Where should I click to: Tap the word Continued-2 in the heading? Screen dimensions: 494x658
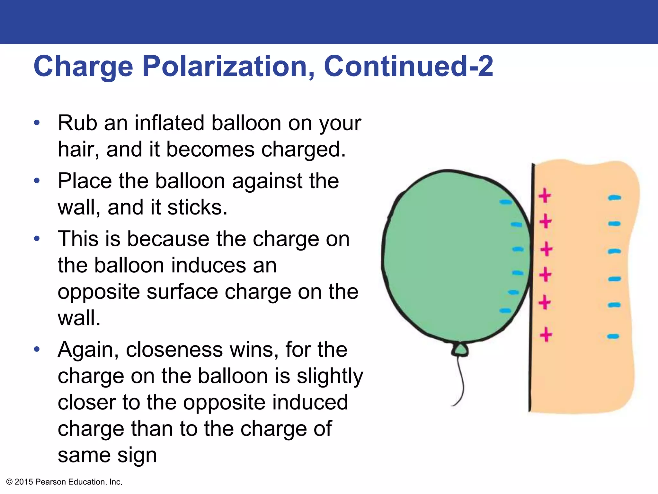(x=408, y=66)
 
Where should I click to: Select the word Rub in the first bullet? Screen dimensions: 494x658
(x=77, y=123)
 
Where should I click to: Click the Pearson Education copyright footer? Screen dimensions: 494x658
(x=64, y=482)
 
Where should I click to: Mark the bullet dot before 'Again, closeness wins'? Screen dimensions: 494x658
(x=37, y=349)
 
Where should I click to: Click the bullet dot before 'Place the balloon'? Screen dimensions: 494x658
(x=37, y=180)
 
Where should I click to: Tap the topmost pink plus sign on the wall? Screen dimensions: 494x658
(x=545, y=196)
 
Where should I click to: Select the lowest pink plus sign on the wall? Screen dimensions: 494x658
(x=546, y=335)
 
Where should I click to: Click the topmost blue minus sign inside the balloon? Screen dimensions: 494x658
(x=505, y=202)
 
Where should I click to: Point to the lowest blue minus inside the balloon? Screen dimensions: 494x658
(x=505, y=311)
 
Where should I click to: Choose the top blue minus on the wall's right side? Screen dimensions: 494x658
(x=614, y=198)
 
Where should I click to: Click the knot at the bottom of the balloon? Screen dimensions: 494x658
(x=460, y=350)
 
